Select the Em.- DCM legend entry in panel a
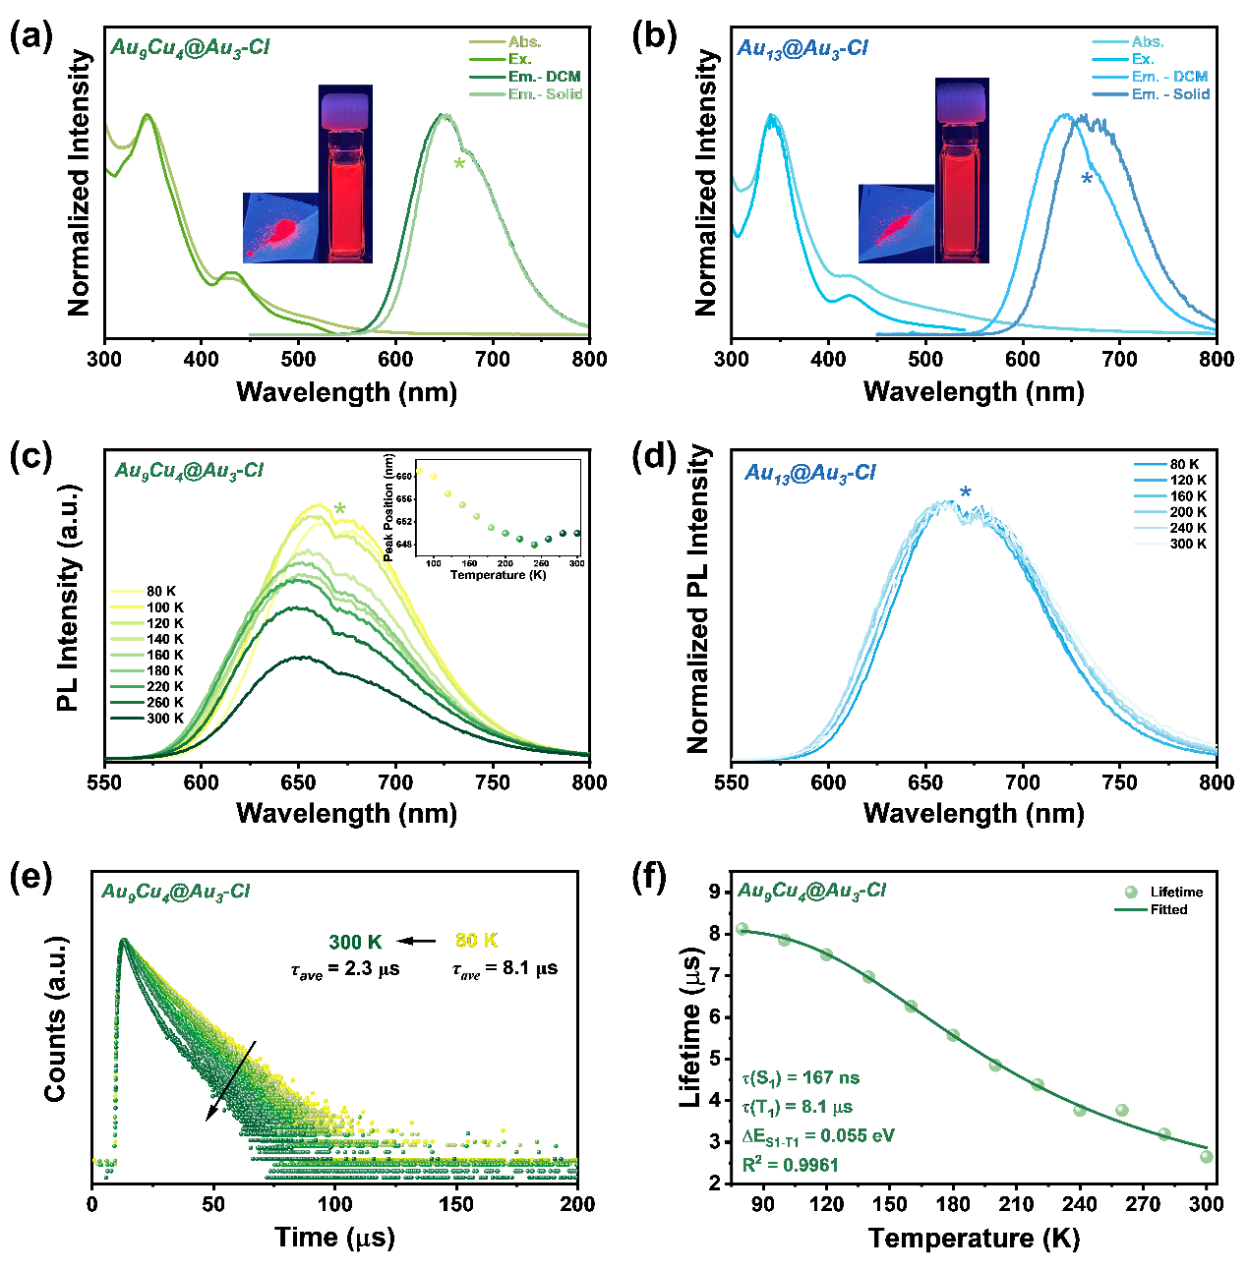pos(543,77)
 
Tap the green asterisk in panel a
pos(459,164)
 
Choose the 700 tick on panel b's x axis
pos(1119,359)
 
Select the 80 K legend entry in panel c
pos(161,592)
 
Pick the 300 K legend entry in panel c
pos(165,719)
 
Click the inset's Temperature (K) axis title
pos(498,575)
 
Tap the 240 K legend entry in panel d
pos(1188,528)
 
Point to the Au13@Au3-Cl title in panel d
pos(809,473)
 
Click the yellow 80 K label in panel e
pos(477,941)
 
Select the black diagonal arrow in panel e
pos(231,1080)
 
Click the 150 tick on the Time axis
pos(456,1204)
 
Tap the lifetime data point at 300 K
pos(1206,1157)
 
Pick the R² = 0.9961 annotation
pos(791,1165)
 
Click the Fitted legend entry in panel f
pos(1168,910)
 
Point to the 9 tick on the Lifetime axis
pos(714,892)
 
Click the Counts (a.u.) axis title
pos(56,1018)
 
